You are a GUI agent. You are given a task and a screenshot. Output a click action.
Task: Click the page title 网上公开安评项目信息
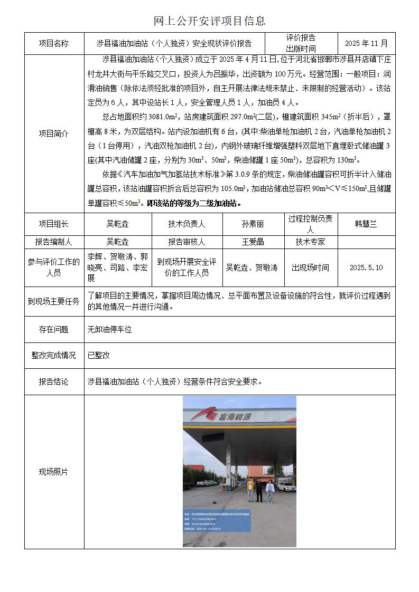[x=209, y=21]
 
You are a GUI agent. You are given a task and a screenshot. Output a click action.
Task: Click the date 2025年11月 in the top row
[x=366, y=43]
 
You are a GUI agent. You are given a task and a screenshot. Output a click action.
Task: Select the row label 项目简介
[x=54, y=133]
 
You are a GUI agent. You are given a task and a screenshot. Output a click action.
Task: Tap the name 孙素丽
[x=253, y=224]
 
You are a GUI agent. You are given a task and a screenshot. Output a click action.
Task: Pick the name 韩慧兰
[x=366, y=224]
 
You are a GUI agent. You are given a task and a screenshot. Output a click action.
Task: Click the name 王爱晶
[x=253, y=242]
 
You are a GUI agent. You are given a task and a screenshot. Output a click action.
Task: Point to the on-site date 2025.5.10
[x=366, y=268]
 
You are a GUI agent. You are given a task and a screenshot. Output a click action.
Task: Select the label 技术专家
[x=310, y=242]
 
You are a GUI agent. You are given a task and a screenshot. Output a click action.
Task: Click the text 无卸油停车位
[x=109, y=329]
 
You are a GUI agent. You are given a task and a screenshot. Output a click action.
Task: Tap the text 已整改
[x=99, y=356]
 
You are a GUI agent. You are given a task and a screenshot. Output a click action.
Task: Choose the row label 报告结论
[x=54, y=381]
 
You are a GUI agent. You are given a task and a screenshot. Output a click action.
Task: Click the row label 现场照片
[x=54, y=472]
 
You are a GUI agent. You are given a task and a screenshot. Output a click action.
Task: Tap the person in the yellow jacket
[x=250, y=489]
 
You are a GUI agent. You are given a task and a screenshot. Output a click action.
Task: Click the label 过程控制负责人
[x=310, y=224]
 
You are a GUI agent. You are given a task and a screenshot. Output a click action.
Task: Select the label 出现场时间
[x=310, y=268]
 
